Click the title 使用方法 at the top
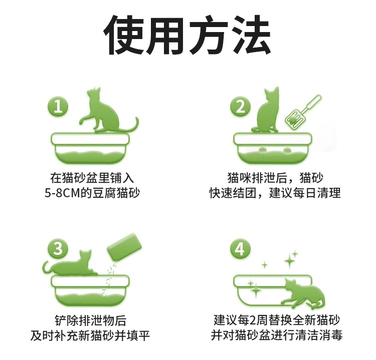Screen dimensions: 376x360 [187, 35]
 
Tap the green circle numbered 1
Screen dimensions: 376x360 [58, 107]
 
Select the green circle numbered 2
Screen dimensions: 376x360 [240, 107]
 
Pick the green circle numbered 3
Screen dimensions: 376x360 [58, 248]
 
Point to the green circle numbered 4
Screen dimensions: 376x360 [240, 248]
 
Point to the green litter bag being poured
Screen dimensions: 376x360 [124, 247]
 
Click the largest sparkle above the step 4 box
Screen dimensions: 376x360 [290, 260]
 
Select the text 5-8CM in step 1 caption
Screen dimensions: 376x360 [62, 193]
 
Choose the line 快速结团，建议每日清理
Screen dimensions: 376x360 [275, 193]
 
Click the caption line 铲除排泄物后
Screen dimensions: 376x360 [91, 320]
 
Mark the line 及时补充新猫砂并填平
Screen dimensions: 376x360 [90, 335]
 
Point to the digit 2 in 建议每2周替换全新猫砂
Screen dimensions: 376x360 [253, 320]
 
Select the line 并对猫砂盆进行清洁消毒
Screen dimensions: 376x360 [276, 335]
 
